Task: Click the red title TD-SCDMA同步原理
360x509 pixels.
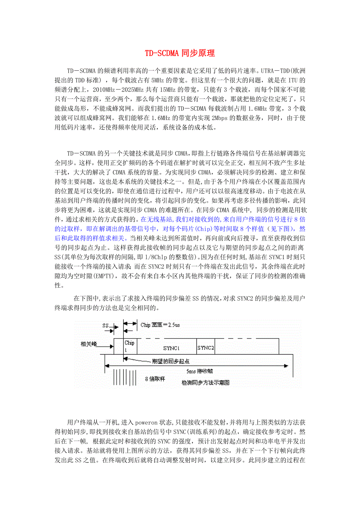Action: pyautogui.click(x=180, y=53)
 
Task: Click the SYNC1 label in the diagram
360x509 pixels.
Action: pyautogui.click(x=171, y=348)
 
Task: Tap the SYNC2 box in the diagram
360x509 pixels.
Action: pyautogui.click(x=206, y=348)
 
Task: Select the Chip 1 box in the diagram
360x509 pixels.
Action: pyautogui.click(x=130, y=346)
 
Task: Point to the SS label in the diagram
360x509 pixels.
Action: pyautogui.click(x=105, y=325)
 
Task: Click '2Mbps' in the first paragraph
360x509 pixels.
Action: pyautogui.click(x=222, y=118)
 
